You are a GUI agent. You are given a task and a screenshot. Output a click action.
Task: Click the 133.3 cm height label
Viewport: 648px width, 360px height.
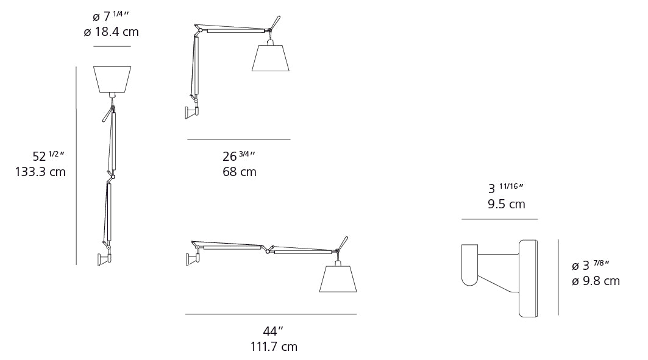(x=40, y=171)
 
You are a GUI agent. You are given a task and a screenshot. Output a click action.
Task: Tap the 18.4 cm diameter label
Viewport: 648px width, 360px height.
(x=111, y=32)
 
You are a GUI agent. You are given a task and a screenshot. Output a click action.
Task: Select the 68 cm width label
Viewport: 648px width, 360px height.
(x=240, y=171)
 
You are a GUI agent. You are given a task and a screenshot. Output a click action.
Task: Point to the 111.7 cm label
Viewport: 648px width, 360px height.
(x=274, y=347)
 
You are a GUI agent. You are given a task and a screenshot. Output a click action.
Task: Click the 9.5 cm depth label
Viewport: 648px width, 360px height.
(x=506, y=204)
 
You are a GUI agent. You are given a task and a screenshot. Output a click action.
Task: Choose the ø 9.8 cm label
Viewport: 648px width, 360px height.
(x=596, y=281)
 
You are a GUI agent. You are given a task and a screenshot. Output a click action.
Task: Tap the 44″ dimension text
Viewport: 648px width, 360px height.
(x=273, y=331)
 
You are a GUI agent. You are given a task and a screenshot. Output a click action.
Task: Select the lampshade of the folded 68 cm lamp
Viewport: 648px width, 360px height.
(x=270, y=58)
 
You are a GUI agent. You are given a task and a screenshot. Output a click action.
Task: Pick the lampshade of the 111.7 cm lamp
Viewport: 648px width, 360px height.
(x=338, y=279)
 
